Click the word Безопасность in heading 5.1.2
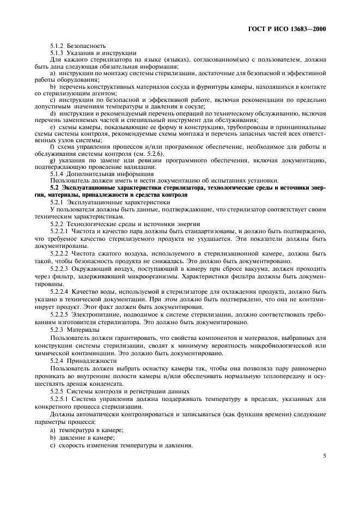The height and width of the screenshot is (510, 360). coord(87,45)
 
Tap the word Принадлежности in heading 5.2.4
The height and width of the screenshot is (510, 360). coord(91,361)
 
